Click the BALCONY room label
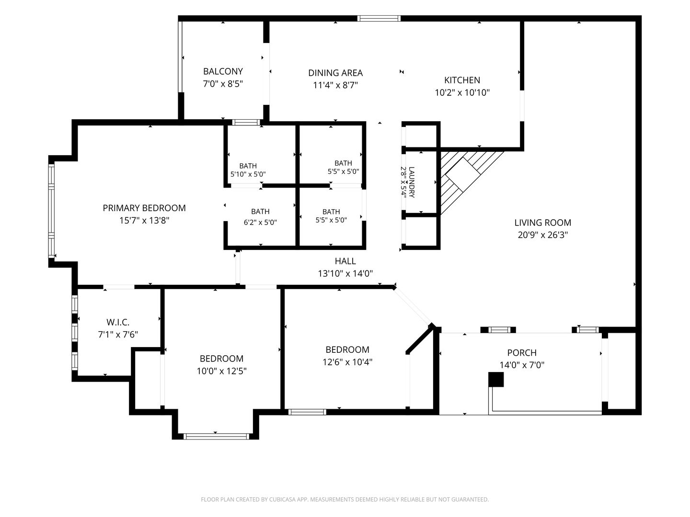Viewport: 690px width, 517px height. tap(223, 72)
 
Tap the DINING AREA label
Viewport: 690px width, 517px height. tap(335, 73)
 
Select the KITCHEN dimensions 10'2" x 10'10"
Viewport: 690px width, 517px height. tap(462, 92)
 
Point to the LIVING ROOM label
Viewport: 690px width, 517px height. tap(542, 223)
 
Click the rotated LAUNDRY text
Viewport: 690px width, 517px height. tap(412, 182)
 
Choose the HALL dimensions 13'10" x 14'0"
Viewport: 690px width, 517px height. tap(345, 274)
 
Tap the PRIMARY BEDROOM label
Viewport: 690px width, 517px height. tap(144, 208)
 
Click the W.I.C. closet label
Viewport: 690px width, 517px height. tap(118, 322)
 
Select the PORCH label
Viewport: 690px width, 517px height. tap(522, 353)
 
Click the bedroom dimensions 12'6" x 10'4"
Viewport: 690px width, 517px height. tap(347, 362)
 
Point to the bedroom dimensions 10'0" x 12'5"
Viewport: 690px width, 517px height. tap(222, 371)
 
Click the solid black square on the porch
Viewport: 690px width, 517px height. tap(496, 380)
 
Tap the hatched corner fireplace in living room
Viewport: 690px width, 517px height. tap(465, 176)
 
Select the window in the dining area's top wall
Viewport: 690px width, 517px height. tap(379, 18)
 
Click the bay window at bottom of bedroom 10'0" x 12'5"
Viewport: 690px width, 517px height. tap(216, 436)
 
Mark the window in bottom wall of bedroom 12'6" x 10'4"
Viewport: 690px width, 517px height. tap(307, 412)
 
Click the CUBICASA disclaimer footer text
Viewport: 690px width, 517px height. tap(345, 499)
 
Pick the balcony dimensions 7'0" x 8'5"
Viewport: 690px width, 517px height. tap(223, 84)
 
